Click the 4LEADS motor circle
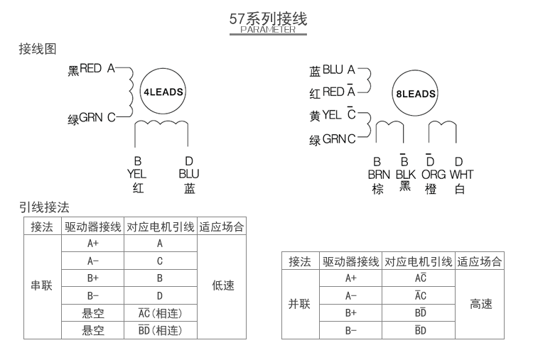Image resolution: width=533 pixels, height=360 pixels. [163, 92]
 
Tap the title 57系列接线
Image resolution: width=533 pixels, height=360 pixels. [268, 18]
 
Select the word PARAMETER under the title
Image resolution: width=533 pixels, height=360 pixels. [268, 30]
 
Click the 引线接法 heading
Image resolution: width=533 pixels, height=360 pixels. [44, 207]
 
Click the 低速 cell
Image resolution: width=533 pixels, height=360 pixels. [222, 286]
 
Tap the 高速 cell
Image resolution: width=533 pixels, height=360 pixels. [481, 304]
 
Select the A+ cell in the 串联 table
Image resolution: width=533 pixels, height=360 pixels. [93, 243]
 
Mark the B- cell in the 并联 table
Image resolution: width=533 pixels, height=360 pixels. [351, 330]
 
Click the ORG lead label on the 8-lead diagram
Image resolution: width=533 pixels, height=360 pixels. [434, 174]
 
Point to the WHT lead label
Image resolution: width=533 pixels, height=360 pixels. [461, 174]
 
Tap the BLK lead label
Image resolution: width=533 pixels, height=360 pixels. [405, 174]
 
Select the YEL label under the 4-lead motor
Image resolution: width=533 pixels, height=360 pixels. [137, 173]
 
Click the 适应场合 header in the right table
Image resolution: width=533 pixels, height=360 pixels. [481, 261]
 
